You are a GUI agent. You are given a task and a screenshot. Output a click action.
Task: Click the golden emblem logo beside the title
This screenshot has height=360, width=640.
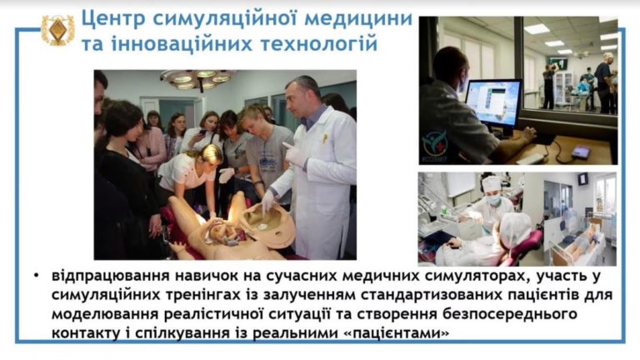(57, 30)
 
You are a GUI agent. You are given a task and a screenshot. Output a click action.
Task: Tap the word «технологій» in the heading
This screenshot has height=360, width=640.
(319, 43)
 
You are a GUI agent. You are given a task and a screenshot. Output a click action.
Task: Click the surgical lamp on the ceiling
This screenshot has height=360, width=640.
(197, 78)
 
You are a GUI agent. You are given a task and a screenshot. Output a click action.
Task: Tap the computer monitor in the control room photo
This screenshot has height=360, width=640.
(493, 102)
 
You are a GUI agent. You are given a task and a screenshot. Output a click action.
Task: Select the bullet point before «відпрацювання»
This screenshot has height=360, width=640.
(37, 277)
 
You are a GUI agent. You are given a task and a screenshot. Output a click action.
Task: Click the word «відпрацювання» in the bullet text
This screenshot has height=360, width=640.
(110, 277)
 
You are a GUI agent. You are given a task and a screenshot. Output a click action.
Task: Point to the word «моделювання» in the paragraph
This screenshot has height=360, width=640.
(105, 314)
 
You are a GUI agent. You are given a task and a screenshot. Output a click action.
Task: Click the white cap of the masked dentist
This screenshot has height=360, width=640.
(491, 182)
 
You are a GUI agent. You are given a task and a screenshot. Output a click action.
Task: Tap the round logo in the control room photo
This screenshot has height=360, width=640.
(435, 143)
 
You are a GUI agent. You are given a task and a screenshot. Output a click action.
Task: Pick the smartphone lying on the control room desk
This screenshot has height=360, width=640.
(581, 152)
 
